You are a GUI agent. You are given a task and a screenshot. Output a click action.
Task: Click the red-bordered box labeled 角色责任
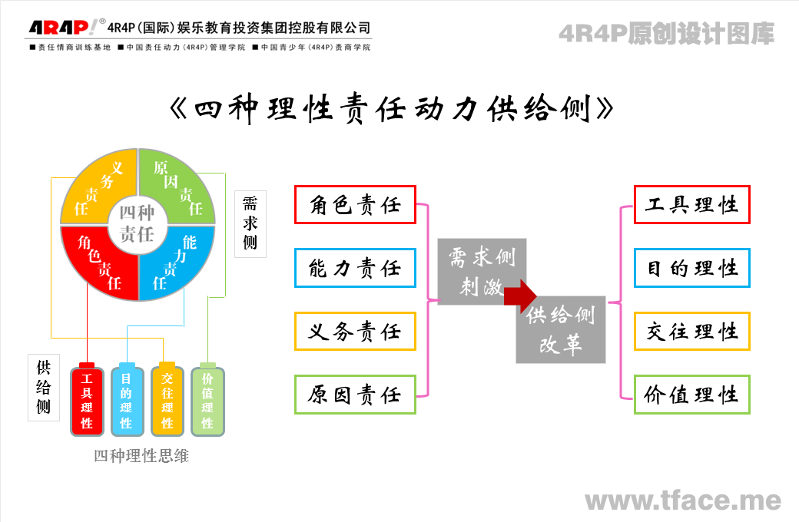(x=355, y=205)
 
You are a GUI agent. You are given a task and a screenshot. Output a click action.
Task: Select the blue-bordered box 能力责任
(x=355, y=268)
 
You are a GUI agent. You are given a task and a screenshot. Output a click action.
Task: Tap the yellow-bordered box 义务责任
(x=355, y=332)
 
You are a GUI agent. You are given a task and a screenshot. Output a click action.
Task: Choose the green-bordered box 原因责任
(x=355, y=395)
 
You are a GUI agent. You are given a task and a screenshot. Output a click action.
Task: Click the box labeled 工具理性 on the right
(x=691, y=205)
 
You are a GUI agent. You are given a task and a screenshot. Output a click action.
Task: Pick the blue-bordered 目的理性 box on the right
(x=691, y=268)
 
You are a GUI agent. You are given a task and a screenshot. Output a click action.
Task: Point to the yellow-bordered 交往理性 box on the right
(x=691, y=332)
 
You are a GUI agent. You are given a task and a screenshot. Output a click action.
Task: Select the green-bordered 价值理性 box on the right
(x=691, y=395)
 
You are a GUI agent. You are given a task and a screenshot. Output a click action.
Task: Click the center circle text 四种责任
(x=137, y=223)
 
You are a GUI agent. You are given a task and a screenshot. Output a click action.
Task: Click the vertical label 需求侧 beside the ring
(x=250, y=223)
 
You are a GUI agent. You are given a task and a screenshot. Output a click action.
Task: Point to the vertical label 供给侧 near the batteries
(x=44, y=387)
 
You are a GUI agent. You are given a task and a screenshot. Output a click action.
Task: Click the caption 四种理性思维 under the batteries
(x=141, y=456)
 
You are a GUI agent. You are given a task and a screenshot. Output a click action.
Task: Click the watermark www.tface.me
(x=683, y=501)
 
